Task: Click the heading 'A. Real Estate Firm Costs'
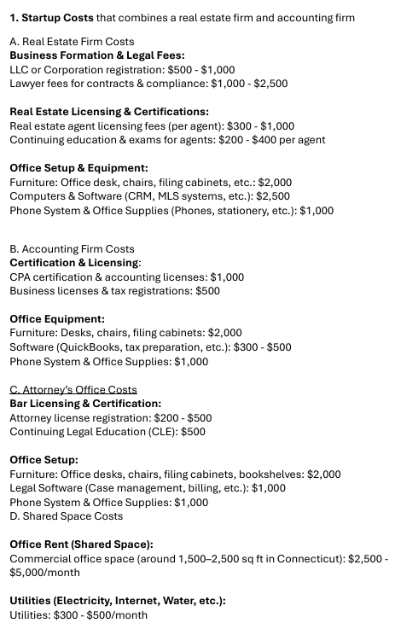tap(72, 41)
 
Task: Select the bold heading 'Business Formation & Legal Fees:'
tap(96, 55)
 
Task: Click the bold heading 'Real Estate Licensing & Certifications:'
tap(108, 112)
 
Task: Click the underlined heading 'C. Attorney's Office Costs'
tap(73, 389)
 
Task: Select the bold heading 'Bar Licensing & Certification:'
tap(85, 404)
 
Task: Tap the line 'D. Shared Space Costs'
tap(66, 516)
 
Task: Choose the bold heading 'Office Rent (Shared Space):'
tap(81, 544)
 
